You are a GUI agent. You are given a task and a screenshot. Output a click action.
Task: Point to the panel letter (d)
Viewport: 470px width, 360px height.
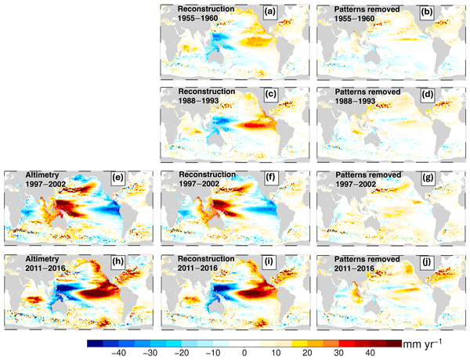[x=447, y=95]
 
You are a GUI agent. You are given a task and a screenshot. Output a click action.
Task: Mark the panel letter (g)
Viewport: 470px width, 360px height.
[x=447, y=179]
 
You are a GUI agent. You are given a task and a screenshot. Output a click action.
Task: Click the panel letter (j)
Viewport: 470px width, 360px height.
[x=447, y=263]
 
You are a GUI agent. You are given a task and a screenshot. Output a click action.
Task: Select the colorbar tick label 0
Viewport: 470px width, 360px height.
[x=246, y=353]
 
